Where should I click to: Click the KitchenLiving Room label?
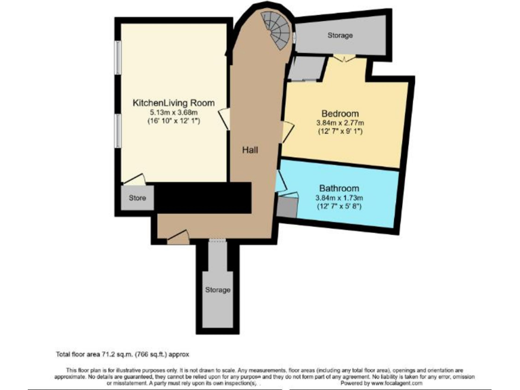tap(173, 103)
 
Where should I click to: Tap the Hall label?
tap(250, 150)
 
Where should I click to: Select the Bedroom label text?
tap(339, 113)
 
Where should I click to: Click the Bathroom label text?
tap(339, 188)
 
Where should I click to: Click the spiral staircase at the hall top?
tap(278, 31)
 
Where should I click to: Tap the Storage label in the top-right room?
tap(340, 35)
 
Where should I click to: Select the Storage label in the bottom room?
tap(217, 290)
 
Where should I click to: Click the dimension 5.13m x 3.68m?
tap(173, 112)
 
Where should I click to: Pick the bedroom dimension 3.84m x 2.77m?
tap(339, 123)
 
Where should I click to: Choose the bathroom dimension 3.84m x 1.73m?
tap(339, 198)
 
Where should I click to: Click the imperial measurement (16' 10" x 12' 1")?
tap(173, 121)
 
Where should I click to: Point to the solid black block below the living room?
tap(203, 198)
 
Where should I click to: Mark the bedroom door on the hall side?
tap(287, 131)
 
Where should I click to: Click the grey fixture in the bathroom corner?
tap(287, 207)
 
